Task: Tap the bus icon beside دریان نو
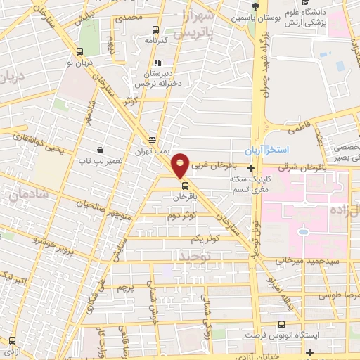point(79,51)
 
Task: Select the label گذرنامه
point(156,41)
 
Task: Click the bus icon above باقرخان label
point(184,186)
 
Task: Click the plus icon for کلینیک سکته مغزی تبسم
point(251,169)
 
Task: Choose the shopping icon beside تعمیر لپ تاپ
point(100,150)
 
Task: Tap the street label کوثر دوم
point(180,216)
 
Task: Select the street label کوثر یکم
point(226,239)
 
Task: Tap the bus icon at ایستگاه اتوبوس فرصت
point(281,325)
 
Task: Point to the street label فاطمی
point(298,129)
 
